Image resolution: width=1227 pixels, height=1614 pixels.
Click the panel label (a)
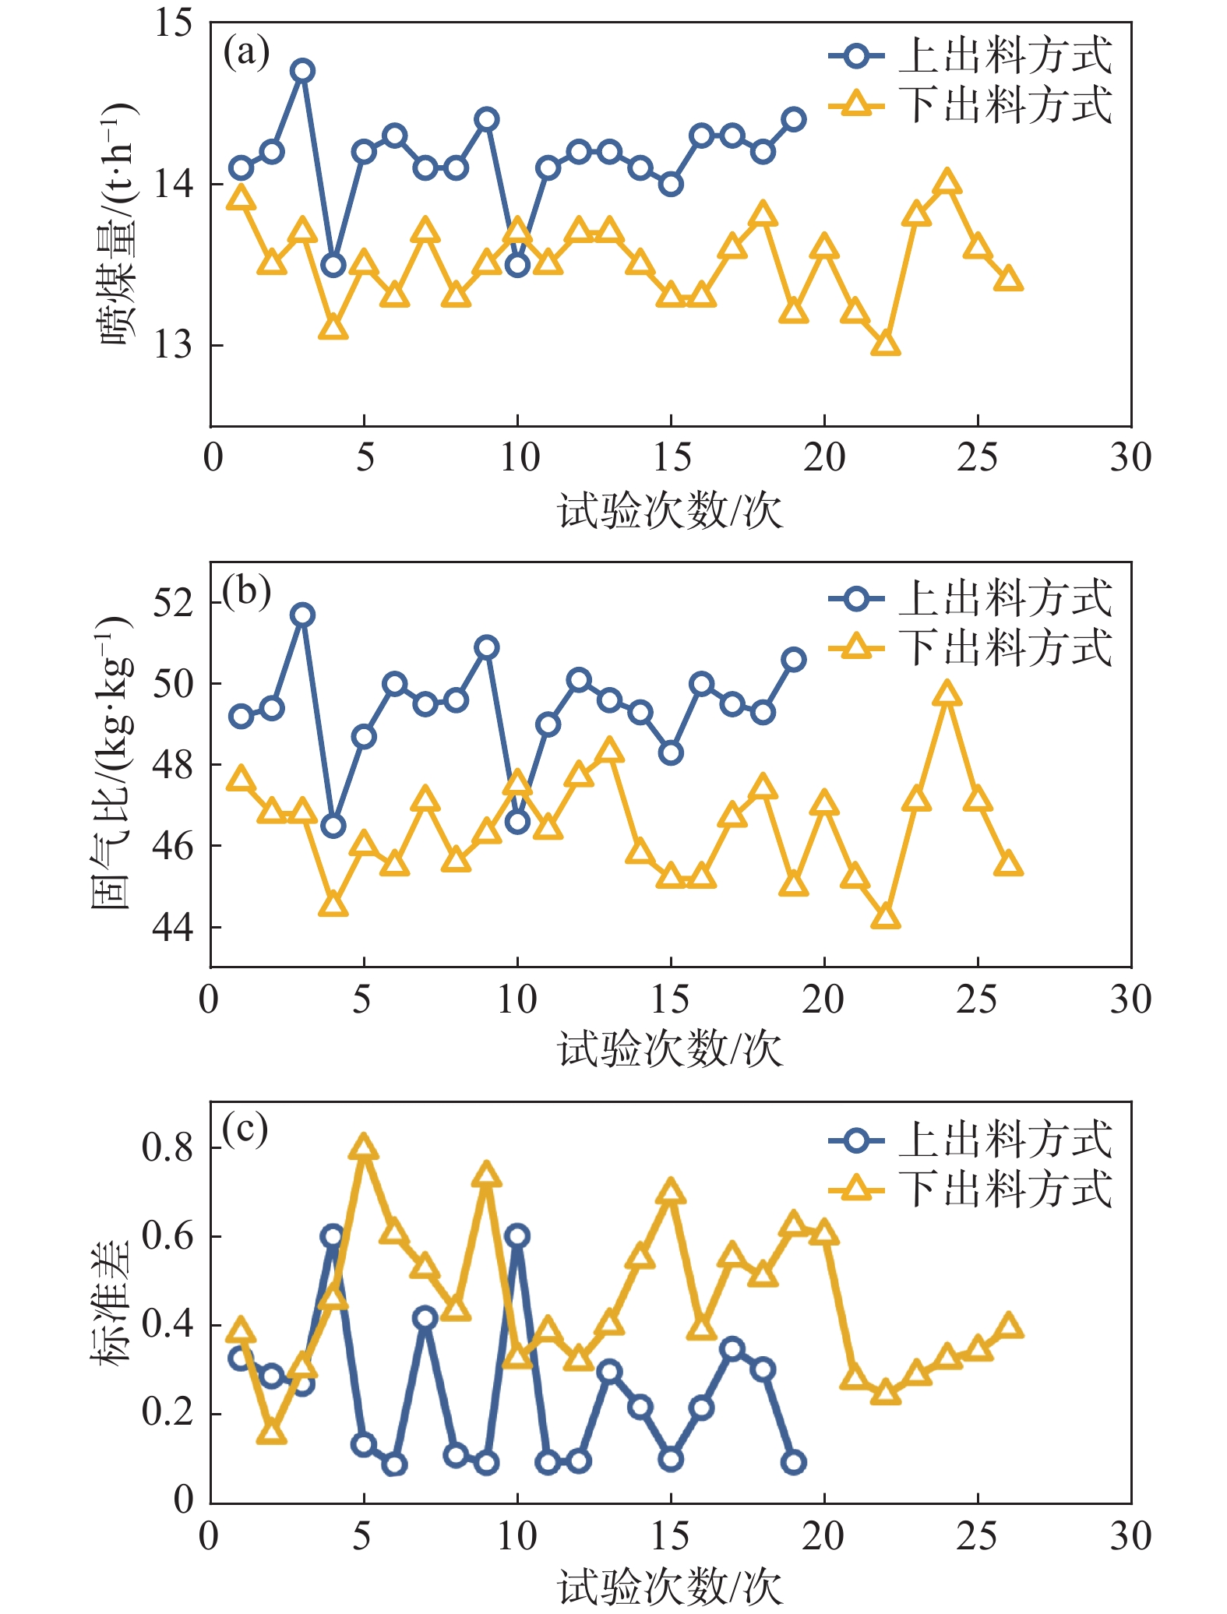(x=246, y=53)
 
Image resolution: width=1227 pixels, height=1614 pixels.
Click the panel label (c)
(x=245, y=1129)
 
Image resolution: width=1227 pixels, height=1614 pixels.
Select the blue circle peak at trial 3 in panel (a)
(x=302, y=71)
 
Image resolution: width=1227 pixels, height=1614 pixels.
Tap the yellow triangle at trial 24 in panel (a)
(x=947, y=183)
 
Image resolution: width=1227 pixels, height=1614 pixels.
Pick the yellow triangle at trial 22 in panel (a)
(x=886, y=344)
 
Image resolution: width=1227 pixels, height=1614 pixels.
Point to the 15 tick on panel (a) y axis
(x=173, y=23)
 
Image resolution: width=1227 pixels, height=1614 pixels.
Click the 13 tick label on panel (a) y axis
(x=173, y=344)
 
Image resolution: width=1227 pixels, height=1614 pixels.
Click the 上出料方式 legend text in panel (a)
(x=1005, y=55)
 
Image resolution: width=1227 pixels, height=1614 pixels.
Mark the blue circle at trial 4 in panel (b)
(x=333, y=826)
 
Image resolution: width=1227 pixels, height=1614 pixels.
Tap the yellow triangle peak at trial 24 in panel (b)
(x=947, y=693)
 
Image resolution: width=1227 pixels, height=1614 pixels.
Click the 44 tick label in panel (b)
(x=173, y=927)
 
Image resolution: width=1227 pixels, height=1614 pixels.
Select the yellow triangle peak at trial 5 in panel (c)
(x=364, y=1148)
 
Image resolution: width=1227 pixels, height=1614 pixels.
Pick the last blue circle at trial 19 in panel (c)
(x=794, y=1462)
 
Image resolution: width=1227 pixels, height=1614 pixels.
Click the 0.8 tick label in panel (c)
(x=167, y=1147)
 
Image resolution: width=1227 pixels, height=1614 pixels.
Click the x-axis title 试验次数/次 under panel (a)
(x=670, y=511)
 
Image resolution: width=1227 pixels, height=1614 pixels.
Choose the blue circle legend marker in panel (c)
(x=856, y=1141)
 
